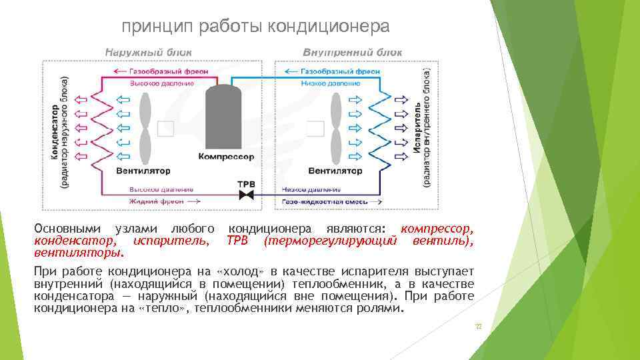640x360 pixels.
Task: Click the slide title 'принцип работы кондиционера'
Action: coord(255,26)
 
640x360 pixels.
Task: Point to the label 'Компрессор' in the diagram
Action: coord(226,157)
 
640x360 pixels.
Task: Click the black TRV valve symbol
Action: coord(246,194)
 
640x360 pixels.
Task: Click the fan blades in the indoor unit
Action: coord(335,127)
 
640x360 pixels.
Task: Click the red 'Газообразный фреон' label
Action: coord(160,71)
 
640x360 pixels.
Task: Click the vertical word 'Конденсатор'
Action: coord(53,130)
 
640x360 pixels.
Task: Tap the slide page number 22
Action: coord(477,327)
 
